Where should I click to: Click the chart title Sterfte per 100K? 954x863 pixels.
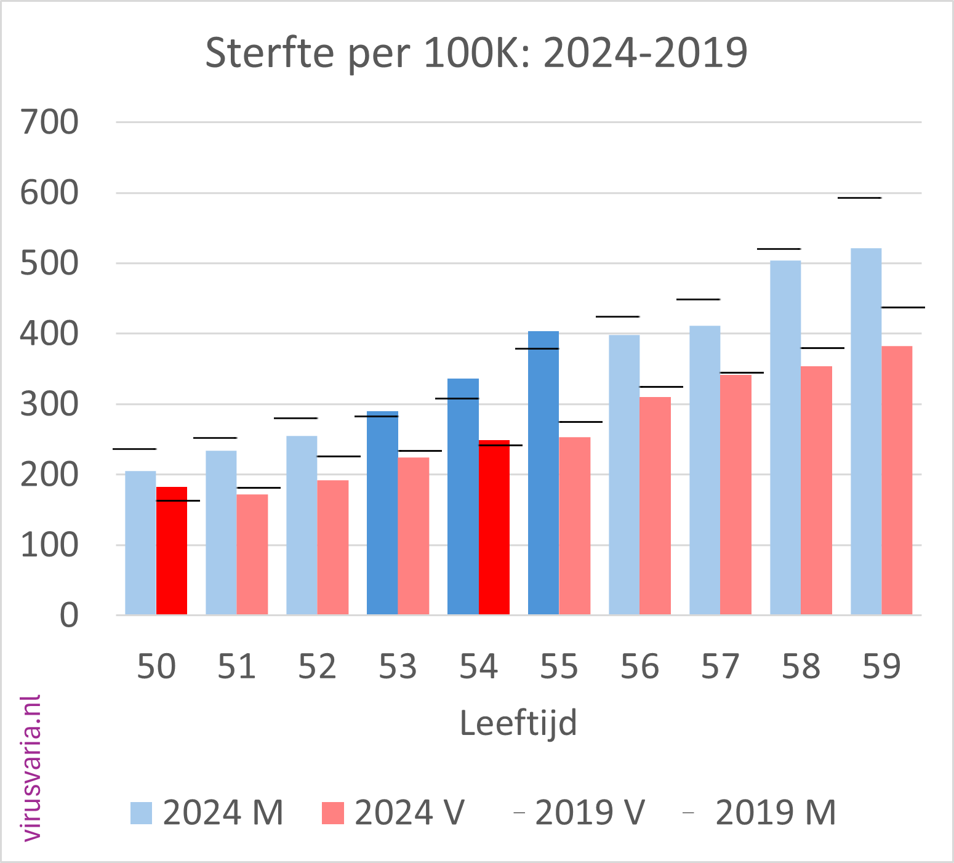coord(476,53)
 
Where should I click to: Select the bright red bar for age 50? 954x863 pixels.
coord(172,550)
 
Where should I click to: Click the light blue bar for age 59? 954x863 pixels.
coord(866,431)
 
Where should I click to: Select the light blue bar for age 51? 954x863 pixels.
coord(221,532)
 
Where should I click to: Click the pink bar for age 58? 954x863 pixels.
coord(817,490)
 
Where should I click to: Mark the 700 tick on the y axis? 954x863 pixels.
coord(49,122)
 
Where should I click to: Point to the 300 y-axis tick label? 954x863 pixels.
coord(49,404)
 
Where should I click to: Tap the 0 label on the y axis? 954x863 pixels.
coord(69,616)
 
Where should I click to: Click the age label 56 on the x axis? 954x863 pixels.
coord(639,667)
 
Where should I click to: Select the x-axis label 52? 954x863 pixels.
coord(317,667)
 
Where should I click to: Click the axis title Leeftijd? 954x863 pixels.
coord(518,723)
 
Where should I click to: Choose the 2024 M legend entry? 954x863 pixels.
coord(207,813)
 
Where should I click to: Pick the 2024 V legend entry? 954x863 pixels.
coord(393,813)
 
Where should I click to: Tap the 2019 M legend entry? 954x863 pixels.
coord(760,813)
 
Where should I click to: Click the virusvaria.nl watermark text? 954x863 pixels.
coord(31,768)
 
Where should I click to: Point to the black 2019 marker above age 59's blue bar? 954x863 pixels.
coord(859,198)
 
